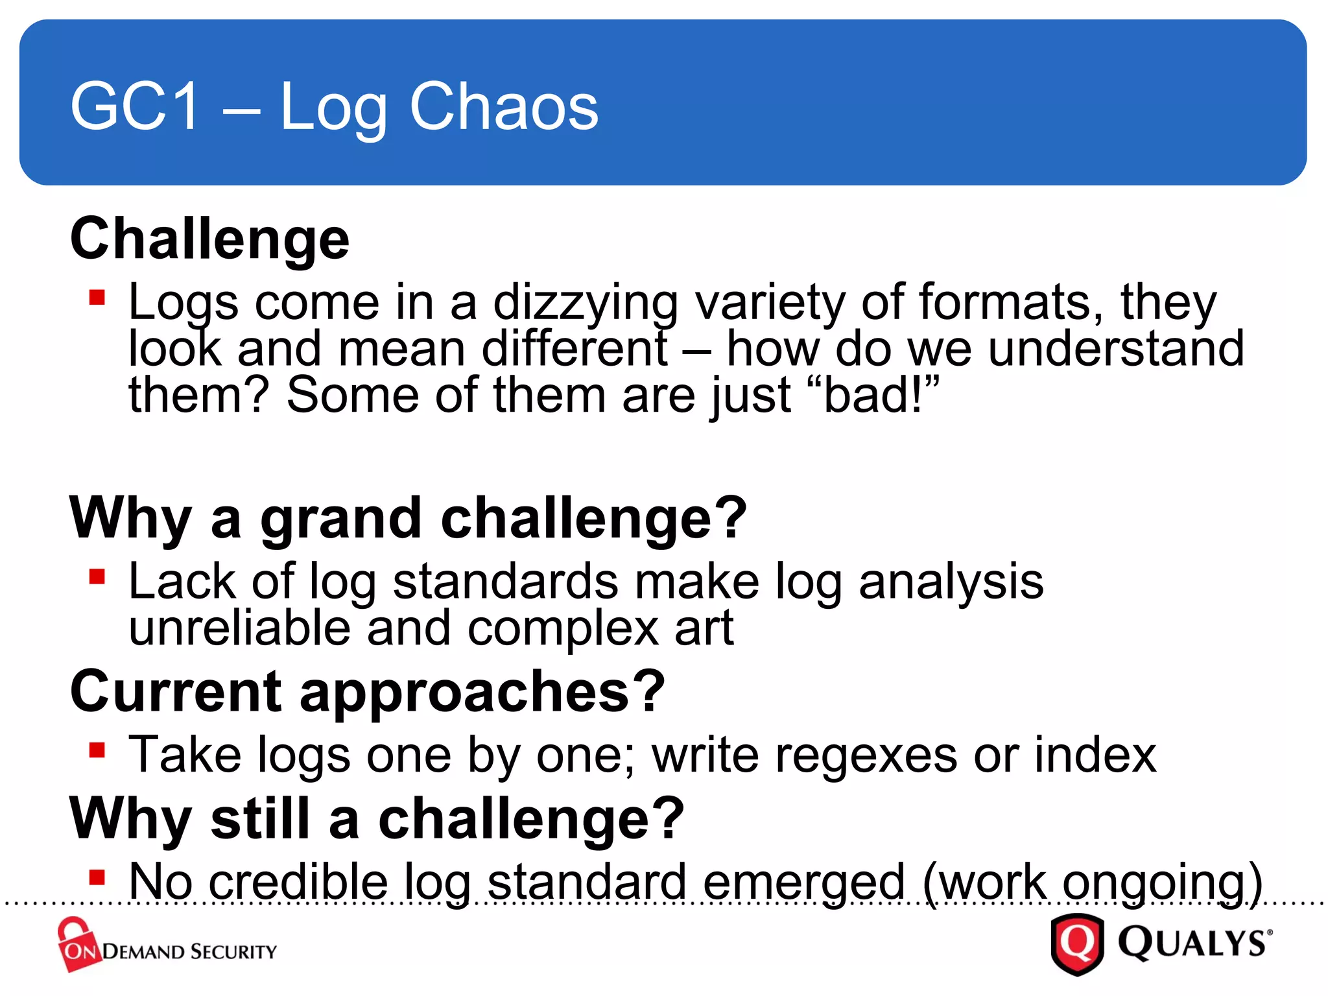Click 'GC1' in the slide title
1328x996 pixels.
pos(135,106)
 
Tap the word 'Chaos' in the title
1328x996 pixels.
pos(504,106)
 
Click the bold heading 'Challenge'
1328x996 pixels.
pos(209,239)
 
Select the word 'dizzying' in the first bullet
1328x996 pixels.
pos(585,303)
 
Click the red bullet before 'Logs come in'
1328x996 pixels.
pos(97,298)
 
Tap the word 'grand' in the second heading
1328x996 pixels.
pos(341,519)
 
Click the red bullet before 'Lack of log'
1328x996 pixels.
pos(97,576)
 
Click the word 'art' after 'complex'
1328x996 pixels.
pos(704,629)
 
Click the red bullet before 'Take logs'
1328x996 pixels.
pos(97,750)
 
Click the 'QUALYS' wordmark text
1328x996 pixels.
pos(1193,943)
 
